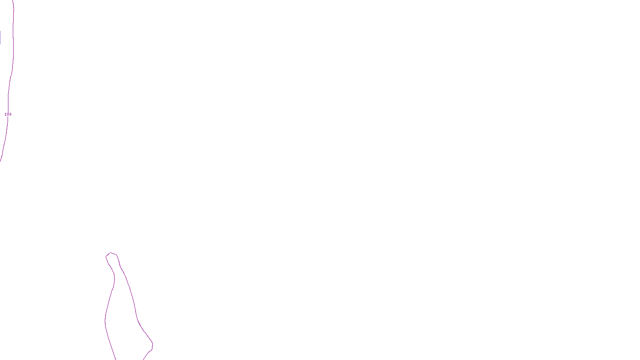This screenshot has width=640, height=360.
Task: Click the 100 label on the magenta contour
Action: [8, 114]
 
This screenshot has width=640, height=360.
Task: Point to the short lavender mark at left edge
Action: [0, 38]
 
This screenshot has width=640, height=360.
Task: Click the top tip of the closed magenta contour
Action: [110, 253]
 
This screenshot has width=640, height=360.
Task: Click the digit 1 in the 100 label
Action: [6, 114]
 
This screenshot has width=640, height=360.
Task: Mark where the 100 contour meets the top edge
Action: [13, 1]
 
